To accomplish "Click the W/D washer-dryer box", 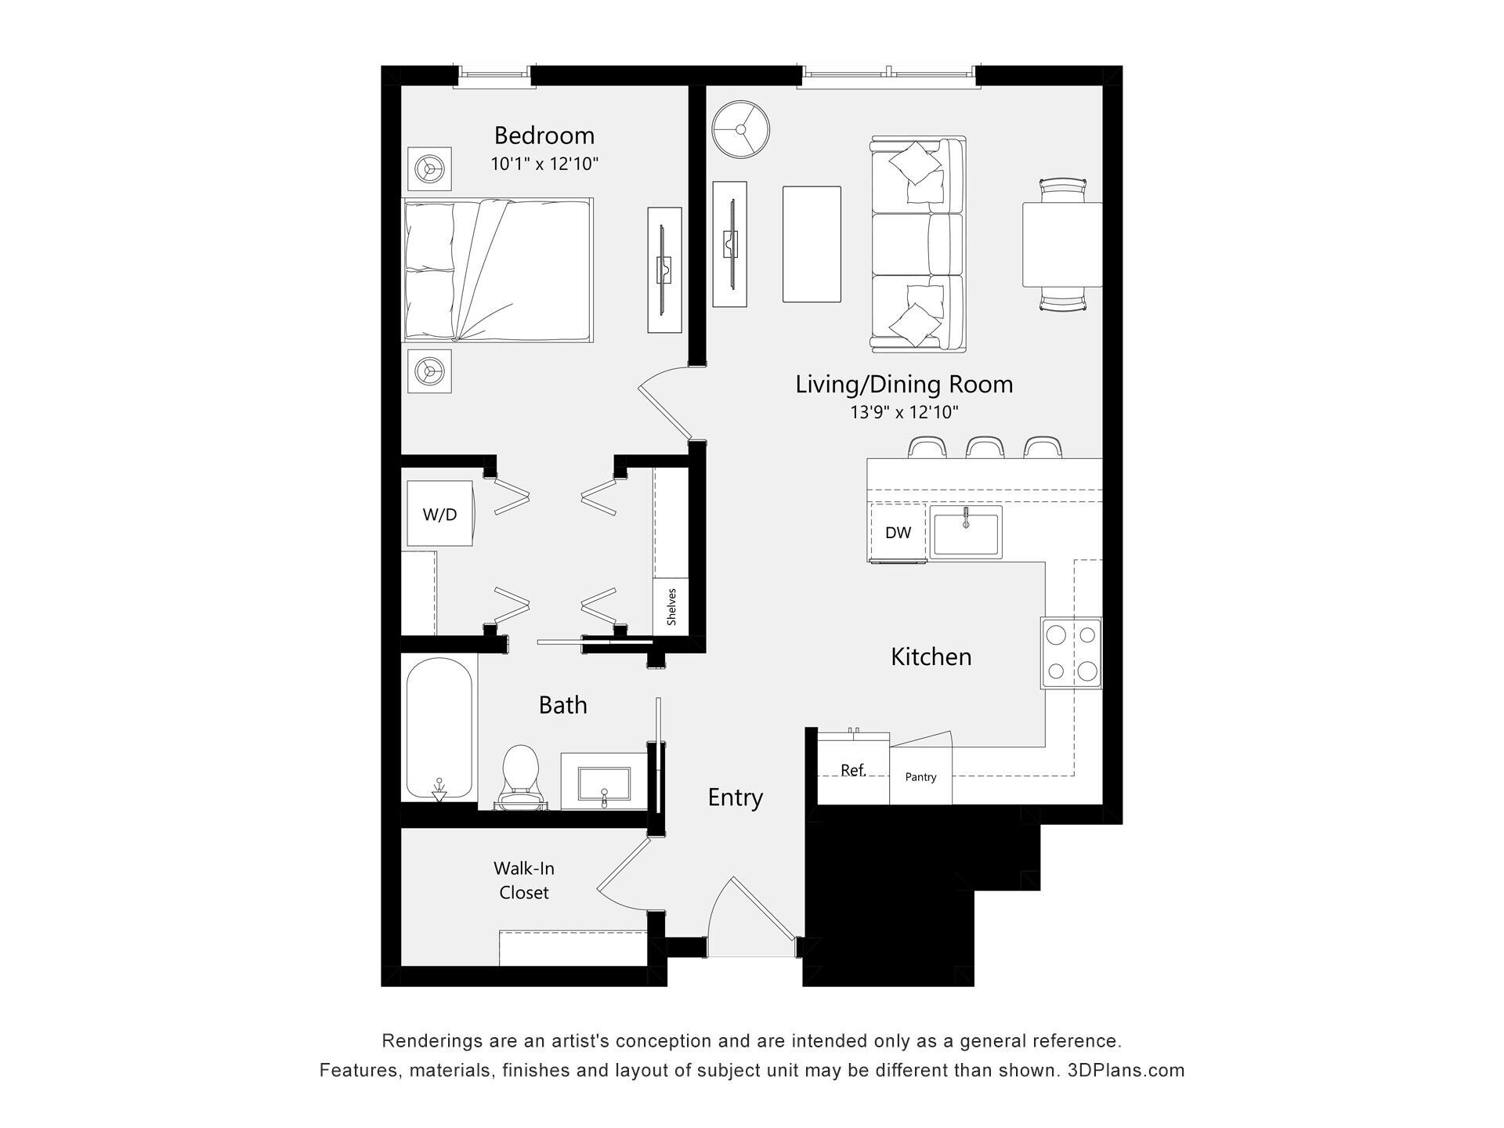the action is (x=439, y=514).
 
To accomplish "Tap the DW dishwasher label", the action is (x=898, y=533).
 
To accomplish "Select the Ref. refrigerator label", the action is (x=853, y=770).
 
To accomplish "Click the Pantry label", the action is (x=920, y=776).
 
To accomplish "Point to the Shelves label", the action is (x=671, y=607).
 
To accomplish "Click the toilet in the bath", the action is (x=519, y=776).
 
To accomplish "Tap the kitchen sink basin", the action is (x=966, y=532).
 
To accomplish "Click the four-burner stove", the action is (x=1071, y=653).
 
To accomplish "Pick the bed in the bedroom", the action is (x=498, y=269).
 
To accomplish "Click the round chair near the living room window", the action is (x=740, y=129).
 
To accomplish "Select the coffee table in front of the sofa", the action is (x=812, y=244).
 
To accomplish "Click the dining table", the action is (x=1061, y=245).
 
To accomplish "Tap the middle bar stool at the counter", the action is (x=985, y=447).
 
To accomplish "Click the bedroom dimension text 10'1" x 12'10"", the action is (x=544, y=164).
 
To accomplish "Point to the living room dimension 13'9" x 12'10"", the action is (x=904, y=412).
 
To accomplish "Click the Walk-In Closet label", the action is (x=524, y=880).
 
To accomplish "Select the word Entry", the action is (x=735, y=797).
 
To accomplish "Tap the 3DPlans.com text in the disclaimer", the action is (x=1126, y=1070).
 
